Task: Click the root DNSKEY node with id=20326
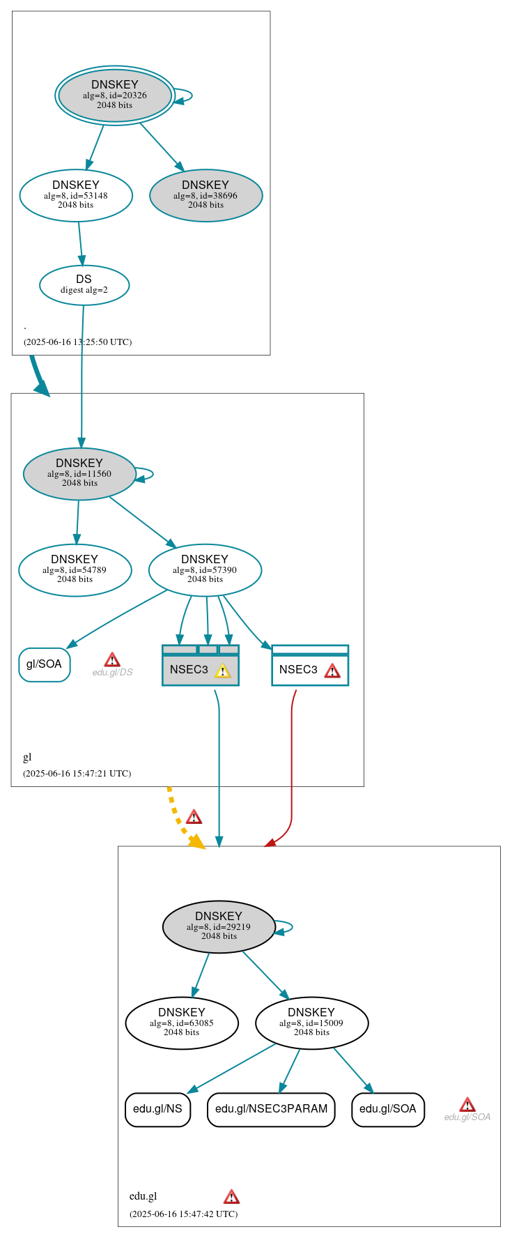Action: pos(115,95)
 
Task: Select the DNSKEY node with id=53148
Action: pos(76,195)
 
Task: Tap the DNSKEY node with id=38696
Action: pos(205,195)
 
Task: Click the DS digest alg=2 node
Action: pos(84,284)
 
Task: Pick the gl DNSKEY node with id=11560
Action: pos(79,473)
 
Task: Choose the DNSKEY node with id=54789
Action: pos(75,570)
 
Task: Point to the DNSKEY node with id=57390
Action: pos(205,570)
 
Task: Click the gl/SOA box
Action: pos(44,664)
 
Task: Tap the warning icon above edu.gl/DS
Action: pos(112,659)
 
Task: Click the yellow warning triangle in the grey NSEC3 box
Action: pos(222,671)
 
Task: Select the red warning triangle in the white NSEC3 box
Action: pos(332,671)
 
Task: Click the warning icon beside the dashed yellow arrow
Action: pos(194,817)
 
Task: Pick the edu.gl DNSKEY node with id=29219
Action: pos(219,926)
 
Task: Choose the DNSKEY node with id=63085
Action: pos(181,1023)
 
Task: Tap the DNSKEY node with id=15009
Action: pos(311,1023)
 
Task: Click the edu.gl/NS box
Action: pos(157,1109)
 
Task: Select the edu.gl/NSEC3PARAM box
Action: pos(271,1109)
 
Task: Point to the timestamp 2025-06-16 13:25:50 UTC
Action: pos(77,342)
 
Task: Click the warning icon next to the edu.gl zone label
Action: pos(231,1197)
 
